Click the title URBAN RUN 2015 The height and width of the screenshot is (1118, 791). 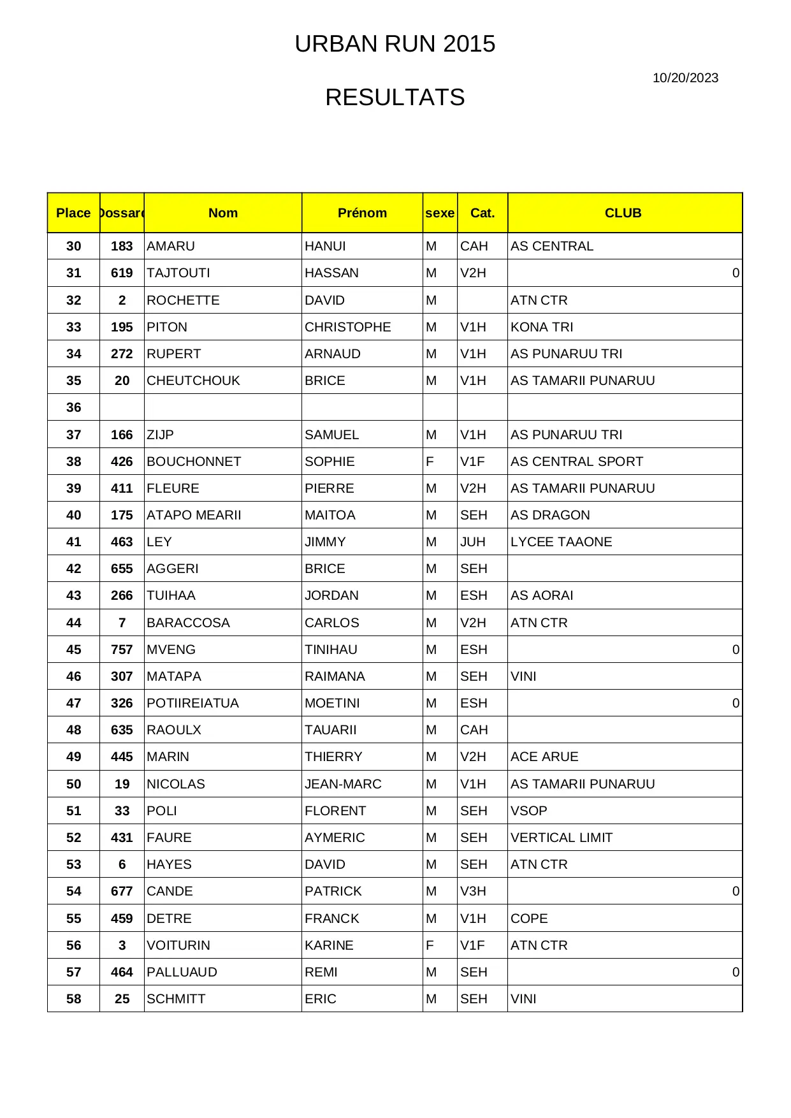395,44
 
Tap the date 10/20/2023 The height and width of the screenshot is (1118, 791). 685,78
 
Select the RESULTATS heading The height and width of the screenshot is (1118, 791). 395,98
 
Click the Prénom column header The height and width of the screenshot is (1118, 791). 362,213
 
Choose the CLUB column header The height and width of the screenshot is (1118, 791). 623,213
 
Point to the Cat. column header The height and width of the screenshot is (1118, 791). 483,213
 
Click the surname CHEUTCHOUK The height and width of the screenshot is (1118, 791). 193,381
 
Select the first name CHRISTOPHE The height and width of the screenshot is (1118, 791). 347,327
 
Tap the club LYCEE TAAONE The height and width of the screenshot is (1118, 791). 561,542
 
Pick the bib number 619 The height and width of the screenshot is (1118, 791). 122,273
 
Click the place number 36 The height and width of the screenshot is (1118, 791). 74,407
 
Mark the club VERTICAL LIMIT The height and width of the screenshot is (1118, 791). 561,838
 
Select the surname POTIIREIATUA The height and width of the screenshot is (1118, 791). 192,703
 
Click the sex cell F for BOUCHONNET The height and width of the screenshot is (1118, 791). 430,461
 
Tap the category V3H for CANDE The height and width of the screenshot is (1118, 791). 474,891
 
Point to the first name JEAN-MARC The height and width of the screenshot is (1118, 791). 343,784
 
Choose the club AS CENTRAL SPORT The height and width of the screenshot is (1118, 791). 576,461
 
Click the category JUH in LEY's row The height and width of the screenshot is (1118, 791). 473,542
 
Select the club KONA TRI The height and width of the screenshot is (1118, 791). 542,327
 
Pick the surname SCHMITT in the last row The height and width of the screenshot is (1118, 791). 176,999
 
